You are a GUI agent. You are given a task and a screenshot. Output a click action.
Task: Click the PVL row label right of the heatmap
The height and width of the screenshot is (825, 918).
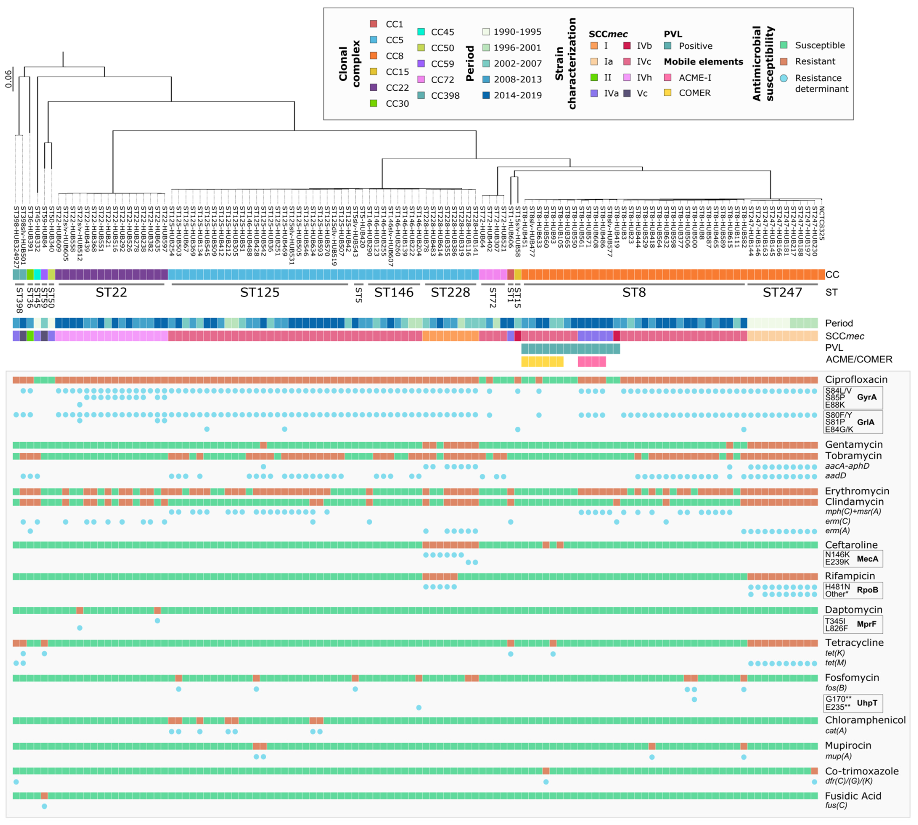[x=834, y=348]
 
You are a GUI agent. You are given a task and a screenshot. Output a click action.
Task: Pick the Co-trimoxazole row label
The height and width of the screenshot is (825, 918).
[x=861, y=771]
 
